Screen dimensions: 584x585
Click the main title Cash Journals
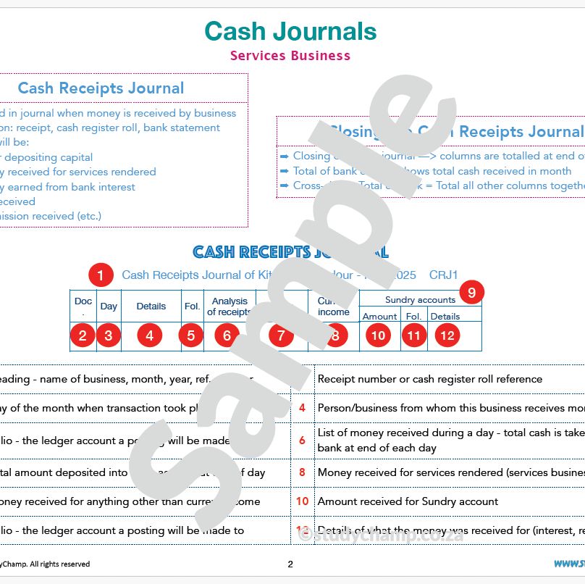pos(290,31)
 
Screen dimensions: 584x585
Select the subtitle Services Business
pos(290,56)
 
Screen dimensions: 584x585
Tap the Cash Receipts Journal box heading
pos(101,88)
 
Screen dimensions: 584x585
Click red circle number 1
pos(100,275)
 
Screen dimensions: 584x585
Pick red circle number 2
pos(83,336)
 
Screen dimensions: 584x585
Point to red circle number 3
pos(109,336)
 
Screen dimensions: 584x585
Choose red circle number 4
pos(149,336)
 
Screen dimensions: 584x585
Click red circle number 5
pos(191,336)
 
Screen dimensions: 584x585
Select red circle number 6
pos(227,336)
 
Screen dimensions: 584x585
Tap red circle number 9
pos(471,293)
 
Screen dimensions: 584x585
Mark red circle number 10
pos(378,336)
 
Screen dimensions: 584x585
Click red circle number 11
pos(413,336)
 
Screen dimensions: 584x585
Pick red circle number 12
pos(448,336)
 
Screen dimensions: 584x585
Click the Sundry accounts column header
pos(420,300)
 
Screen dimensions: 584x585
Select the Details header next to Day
pos(151,306)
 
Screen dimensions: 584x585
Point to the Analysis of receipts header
pos(229,306)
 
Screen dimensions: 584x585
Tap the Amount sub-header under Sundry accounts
pos(379,317)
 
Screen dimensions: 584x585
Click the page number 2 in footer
pos(290,564)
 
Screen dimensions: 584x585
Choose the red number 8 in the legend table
pos(303,472)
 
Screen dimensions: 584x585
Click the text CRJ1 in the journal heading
pos(444,275)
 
